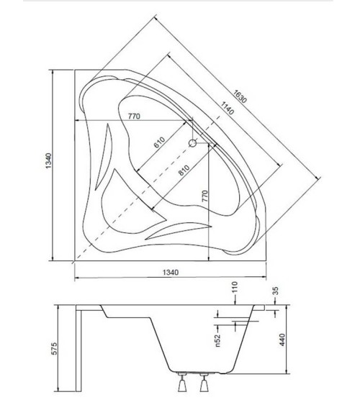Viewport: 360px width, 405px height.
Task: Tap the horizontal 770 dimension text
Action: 134,116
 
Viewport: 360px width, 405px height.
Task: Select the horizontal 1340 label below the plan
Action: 168,273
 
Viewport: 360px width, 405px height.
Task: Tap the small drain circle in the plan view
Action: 192,143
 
